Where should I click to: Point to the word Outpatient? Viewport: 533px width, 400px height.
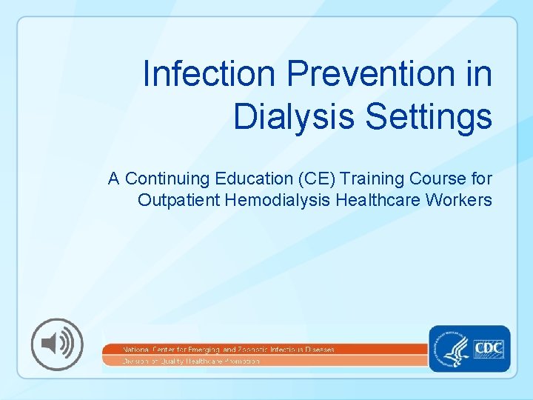pos(177,200)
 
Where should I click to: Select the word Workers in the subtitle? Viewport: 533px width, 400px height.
pos(459,200)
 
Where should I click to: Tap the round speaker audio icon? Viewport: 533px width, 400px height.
pos(56,344)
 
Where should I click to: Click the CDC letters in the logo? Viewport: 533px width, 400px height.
pos(489,347)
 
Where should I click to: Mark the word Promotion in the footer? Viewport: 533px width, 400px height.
pos(241,361)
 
